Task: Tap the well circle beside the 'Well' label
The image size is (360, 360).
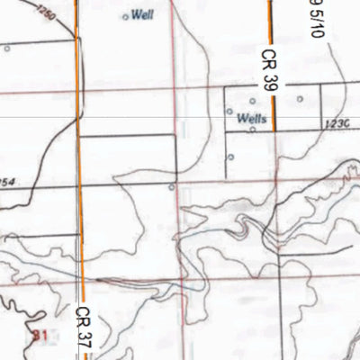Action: tap(125, 16)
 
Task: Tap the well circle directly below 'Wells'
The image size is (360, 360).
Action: tap(253, 130)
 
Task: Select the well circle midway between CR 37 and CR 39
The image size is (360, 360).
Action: tap(172, 187)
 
